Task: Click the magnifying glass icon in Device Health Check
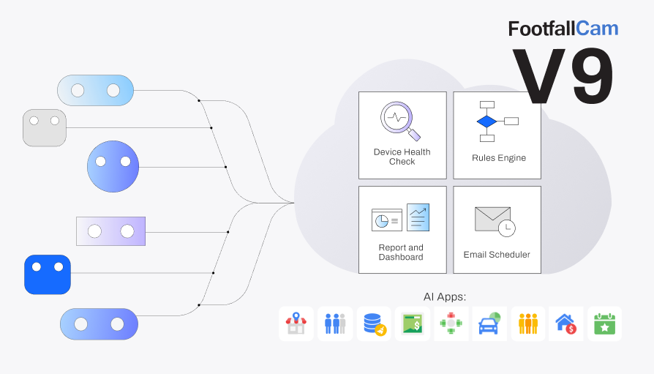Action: click(399, 120)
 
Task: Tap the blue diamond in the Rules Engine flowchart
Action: click(486, 121)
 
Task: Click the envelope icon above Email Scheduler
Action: click(492, 218)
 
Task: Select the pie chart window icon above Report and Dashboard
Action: click(386, 220)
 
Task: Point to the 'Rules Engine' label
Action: click(498, 158)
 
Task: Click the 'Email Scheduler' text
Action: click(497, 255)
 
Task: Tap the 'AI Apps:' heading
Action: click(444, 296)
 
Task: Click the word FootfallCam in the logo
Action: click(563, 29)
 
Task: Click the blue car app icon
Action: click(489, 323)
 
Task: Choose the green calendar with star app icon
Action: click(605, 323)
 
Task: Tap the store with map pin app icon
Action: click(296, 323)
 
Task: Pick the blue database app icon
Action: click(374, 323)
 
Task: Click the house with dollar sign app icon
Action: click(566, 323)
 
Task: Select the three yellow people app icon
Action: click(527, 323)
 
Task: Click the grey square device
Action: click(45, 127)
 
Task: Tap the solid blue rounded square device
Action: click(48, 274)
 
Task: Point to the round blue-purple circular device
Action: click(113, 167)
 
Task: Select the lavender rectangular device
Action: click(110, 231)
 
